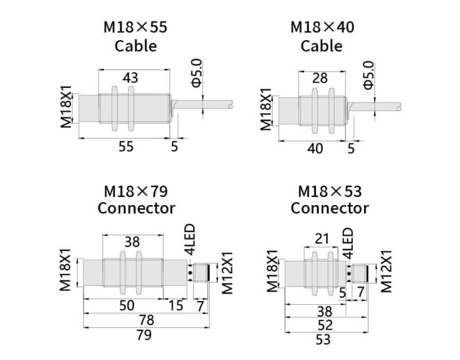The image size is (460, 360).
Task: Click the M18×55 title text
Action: [x=136, y=28]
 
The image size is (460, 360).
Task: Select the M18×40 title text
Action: [x=321, y=28]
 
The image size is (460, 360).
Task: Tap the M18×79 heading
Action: [x=136, y=191]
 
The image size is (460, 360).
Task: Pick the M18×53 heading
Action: [x=329, y=191]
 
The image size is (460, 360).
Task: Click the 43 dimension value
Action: [x=130, y=78]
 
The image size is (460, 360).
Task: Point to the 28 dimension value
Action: [x=319, y=78]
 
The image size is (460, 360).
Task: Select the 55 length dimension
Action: [x=126, y=146]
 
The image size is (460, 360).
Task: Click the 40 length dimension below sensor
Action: [x=315, y=148]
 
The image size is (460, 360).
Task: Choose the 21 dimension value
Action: [x=321, y=240]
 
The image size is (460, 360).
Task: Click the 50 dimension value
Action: [x=126, y=305]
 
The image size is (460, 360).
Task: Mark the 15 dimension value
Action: [x=175, y=305]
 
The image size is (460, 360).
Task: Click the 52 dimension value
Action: [x=323, y=325]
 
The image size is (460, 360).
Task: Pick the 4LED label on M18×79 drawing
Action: [x=190, y=240]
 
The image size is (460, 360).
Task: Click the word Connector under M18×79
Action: [x=136, y=208]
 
